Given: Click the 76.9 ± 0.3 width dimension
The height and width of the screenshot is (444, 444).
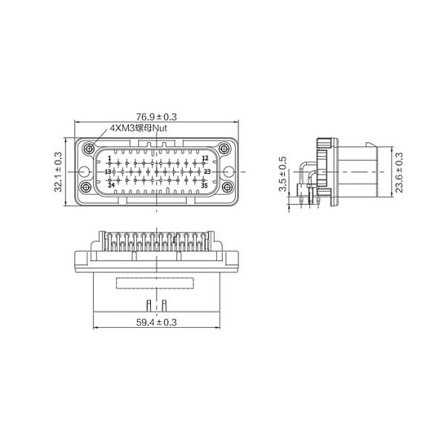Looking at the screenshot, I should [x=156, y=117].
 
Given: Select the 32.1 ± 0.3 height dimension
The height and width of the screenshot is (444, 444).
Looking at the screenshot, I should [x=58, y=172].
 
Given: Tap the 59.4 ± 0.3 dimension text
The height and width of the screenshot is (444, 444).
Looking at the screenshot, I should [x=156, y=322].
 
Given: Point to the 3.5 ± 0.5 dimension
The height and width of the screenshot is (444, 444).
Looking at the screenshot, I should [x=282, y=174].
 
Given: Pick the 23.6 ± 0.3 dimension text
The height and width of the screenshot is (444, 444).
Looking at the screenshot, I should [x=400, y=172].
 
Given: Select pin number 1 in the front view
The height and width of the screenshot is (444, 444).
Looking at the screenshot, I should [x=109, y=158].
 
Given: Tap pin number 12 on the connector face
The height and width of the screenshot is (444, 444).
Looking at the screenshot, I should [x=205, y=158].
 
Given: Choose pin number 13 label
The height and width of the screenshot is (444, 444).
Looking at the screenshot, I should [x=107, y=172].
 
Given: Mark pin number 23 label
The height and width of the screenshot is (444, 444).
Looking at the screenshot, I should [x=207, y=172].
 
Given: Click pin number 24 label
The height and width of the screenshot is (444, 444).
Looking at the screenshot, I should [x=111, y=185].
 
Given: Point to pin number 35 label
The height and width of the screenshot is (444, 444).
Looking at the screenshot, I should [x=204, y=185].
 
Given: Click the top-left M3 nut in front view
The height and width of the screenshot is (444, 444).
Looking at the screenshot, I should [x=89, y=147].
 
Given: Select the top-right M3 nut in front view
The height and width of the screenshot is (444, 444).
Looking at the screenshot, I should [x=228, y=147].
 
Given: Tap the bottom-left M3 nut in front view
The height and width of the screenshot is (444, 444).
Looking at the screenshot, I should [x=86, y=186].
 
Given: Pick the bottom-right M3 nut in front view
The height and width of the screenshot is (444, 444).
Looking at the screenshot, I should [x=228, y=186].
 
